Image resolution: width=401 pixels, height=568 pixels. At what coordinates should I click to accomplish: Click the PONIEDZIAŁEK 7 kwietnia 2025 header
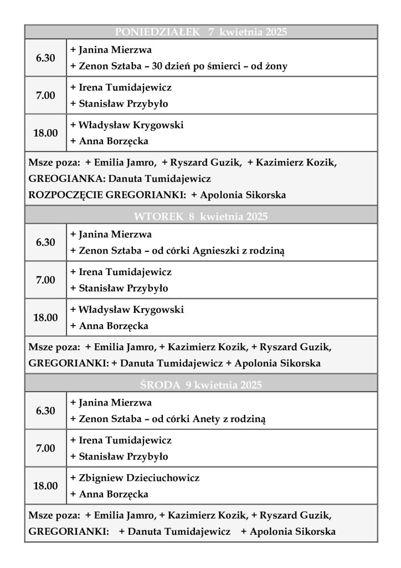(x=200, y=32)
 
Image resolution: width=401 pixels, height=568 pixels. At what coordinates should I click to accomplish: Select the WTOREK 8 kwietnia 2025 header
(x=200, y=216)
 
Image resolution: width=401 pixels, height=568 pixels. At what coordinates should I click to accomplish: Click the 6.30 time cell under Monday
(x=45, y=58)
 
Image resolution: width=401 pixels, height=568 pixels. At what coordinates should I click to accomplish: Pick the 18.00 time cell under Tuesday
(x=45, y=318)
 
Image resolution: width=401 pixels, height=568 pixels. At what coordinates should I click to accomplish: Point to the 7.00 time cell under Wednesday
(x=45, y=448)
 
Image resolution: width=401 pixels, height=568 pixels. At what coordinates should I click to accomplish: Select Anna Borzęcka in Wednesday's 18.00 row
(x=113, y=494)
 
